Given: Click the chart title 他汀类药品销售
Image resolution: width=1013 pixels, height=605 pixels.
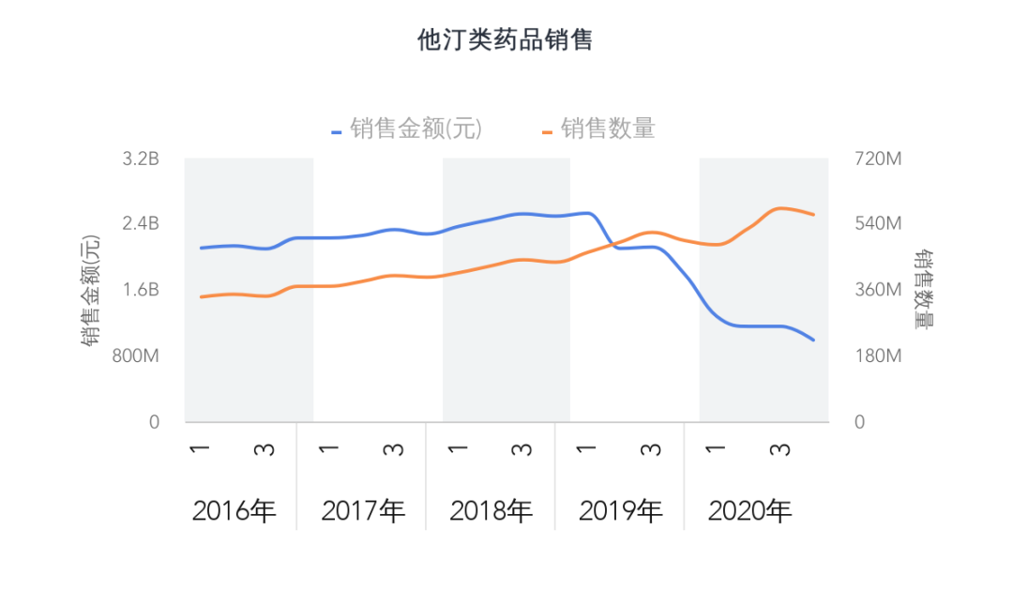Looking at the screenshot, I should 505,40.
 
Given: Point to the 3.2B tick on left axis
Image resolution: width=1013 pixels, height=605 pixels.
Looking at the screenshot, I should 141,159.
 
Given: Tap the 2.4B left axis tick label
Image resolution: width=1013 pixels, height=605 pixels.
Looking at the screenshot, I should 141,223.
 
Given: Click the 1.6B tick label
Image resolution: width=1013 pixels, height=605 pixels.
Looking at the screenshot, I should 141,290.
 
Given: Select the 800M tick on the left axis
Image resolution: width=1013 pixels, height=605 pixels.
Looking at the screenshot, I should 137,356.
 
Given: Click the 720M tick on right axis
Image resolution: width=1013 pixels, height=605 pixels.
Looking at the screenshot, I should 877,159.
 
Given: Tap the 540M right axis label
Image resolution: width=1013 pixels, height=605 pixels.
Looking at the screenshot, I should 877,223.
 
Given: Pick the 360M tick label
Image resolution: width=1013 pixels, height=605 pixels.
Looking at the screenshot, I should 877,290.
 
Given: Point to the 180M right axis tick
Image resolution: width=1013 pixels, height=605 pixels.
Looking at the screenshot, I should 877,356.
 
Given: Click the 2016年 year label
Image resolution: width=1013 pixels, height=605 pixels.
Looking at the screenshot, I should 234,511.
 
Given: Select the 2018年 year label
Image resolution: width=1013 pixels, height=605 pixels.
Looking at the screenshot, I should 491,511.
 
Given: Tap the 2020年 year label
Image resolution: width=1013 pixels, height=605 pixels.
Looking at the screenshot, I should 749,511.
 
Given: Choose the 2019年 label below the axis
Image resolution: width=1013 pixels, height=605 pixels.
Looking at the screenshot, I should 621,511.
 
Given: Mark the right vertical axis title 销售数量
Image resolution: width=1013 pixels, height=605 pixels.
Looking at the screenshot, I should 925,290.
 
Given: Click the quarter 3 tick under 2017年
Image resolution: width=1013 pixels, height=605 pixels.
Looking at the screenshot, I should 394,449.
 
